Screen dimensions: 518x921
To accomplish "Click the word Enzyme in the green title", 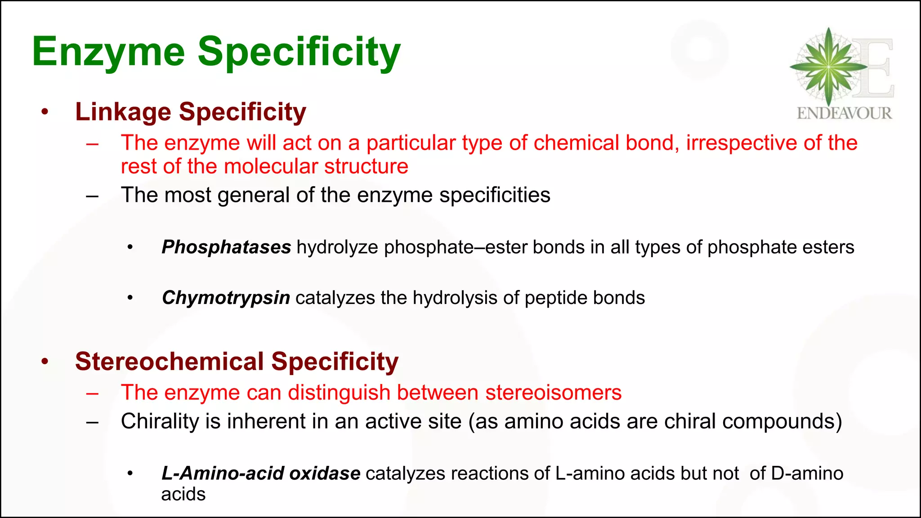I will (x=108, y=52).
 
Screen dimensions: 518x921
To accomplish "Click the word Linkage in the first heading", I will (x=123, y=112).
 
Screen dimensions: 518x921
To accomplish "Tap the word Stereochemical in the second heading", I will (x=169, y=362).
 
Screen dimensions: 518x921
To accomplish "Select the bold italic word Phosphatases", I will (x=226, y=247).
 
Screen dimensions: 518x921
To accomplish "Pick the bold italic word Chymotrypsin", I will (x=226, y=298).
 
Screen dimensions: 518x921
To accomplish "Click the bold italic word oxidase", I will (x=324, y=473).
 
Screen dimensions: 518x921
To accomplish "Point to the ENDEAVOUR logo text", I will (x=844, y=113).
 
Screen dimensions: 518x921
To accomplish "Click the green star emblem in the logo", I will (x=828, y=67).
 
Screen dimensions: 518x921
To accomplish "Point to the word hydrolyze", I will (x=337, y=247).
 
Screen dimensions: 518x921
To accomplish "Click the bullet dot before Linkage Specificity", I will (x=45, y=112).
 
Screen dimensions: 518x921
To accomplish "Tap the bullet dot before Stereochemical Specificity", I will (x=45, y=362).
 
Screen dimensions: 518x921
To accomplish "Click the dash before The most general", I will (x=93, y=196).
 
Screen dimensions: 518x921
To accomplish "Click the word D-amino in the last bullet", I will (x=807, y=473).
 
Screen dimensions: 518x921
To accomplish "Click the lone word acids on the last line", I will (x=183, y=495).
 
